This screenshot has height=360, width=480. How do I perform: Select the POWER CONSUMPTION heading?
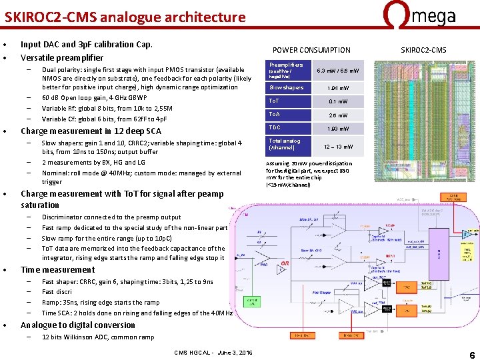pos(311,50)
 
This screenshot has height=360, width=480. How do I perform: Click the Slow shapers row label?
pos(286,87)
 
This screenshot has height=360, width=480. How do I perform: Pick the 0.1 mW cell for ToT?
pos(337,101)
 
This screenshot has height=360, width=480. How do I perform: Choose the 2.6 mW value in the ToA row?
pos(337,115)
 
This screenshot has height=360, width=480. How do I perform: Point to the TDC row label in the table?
pos(275,127)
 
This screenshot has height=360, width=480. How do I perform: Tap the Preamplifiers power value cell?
pos(337,70)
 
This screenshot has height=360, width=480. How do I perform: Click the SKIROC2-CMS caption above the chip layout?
pos(423,50)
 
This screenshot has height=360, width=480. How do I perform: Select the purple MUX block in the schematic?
pos(438,253)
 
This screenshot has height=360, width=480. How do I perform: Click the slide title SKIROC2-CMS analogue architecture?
pos(125,17)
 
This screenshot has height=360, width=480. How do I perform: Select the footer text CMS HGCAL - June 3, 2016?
pos(213,352)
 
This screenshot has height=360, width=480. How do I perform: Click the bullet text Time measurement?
pos(58,270)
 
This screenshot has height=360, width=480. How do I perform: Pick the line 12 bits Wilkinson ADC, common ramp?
pos(98,337)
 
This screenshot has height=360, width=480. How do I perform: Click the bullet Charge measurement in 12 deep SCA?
pos(91,131)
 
